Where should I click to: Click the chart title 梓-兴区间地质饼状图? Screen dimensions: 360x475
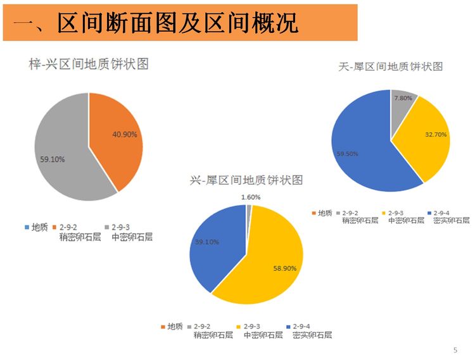[89, 64]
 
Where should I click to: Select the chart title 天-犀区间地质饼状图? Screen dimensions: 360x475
[390, 66]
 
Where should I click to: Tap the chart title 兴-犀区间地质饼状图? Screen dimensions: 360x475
[246, 180]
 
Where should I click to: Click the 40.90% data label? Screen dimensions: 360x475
[125, 134]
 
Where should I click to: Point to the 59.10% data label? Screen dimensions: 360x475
[53, 159]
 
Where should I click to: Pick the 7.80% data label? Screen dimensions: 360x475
[403, 98]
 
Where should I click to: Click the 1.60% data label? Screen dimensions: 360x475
[251, 197]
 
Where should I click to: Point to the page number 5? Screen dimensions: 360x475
[455, 350]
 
